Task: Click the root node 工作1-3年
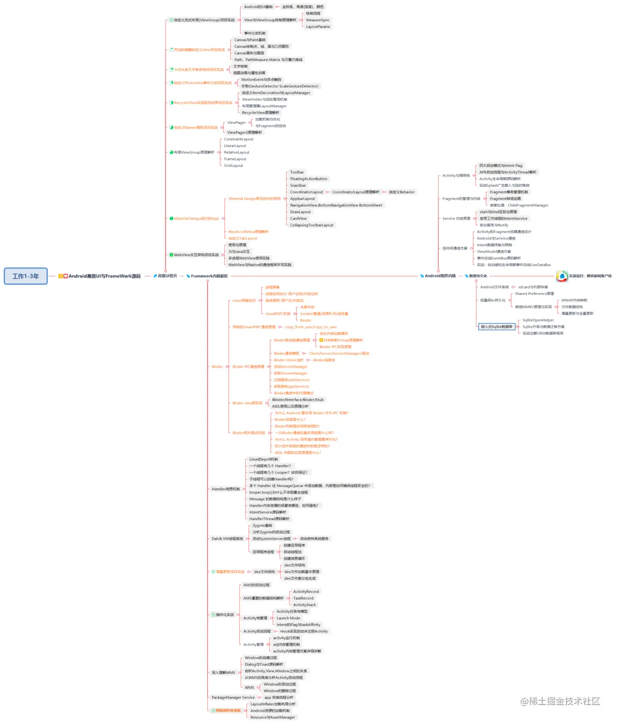26,276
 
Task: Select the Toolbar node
297,172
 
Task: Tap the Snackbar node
298,185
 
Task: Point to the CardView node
299,219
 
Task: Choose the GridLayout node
233,165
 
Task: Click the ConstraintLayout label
239,139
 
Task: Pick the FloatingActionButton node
309,179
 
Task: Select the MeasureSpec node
317,20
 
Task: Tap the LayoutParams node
318,27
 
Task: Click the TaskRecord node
303,598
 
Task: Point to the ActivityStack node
305,605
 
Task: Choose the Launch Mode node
289,618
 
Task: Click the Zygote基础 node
262,526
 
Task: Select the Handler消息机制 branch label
225,489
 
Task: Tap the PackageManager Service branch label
233,698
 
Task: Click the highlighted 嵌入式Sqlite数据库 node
496,327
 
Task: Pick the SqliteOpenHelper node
538,320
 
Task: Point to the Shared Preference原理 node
534,294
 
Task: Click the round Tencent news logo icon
562,276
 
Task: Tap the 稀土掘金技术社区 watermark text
560,702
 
